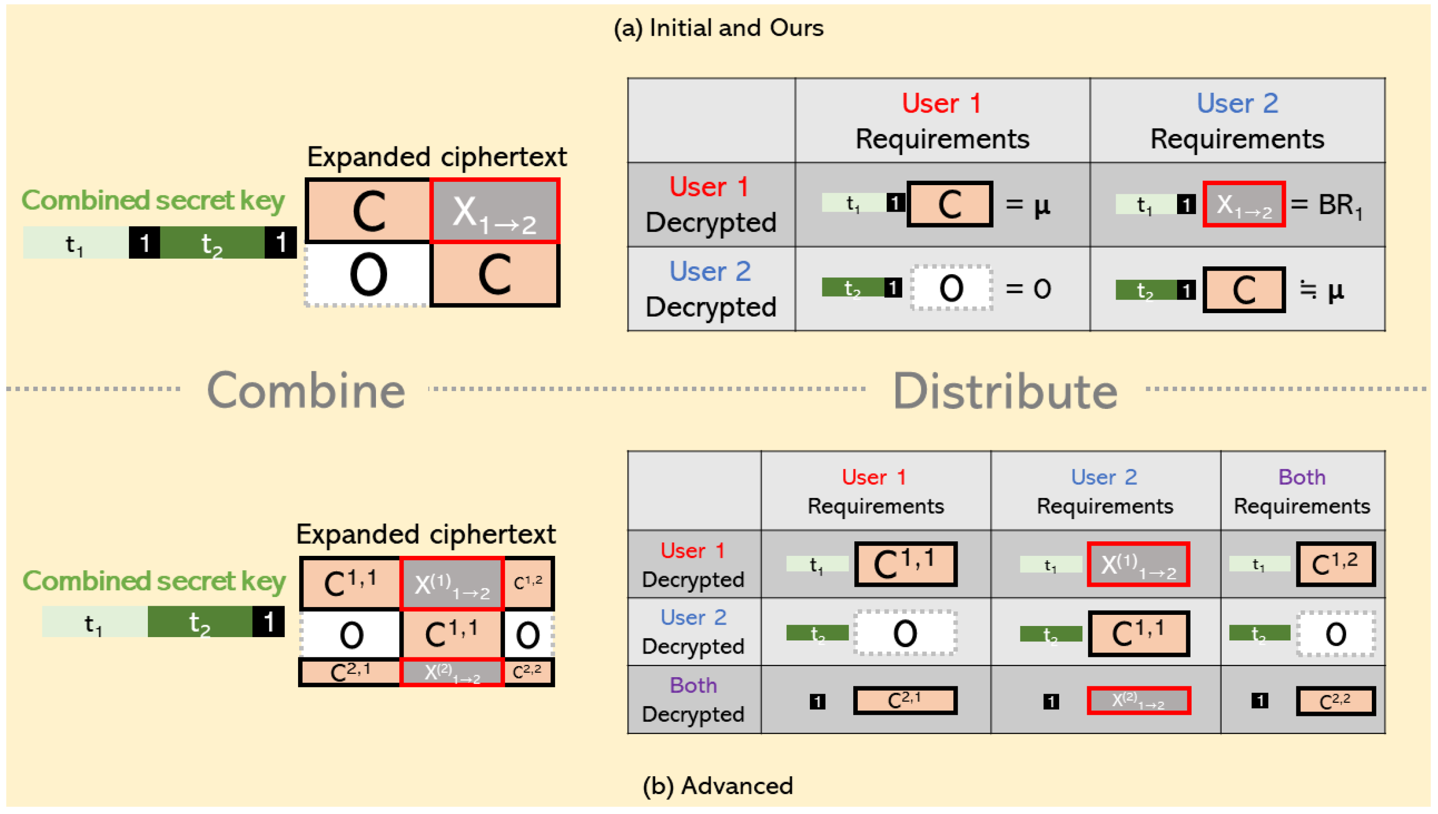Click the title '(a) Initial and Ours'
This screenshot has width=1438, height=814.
pyautogui.click(x=718, y=28)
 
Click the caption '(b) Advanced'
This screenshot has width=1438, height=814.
pyautogui.click(x=718, y=785)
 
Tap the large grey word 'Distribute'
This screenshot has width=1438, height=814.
pyautogui.click(x=1005, y=392)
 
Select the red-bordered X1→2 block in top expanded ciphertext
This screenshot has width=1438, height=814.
pyautogui.click(x=495, y=211)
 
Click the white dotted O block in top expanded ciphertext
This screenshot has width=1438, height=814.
pyautogui.click(x=367, y=275)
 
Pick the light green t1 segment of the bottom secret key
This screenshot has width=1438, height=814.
pyautogui.click(x=94, y=622)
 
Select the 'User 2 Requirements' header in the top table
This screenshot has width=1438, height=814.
pyautogui.click(x=1237, y=121)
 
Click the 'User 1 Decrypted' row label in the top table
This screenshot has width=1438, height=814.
pyautogui.click(x=710, y=204)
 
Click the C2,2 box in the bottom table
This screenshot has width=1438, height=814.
pyautogui.click(x=1335, y=701)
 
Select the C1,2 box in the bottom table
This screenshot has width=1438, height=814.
pyautogui.click(x=1335, y=564)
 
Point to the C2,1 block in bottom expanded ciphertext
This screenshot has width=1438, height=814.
pyautogui.click(x=349, y=671)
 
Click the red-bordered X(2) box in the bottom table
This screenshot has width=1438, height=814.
pyautogui.click(x=1138, y=700)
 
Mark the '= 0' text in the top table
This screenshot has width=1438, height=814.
pyautogui.click(x=1028, y=289)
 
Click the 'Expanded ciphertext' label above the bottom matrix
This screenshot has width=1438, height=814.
pyautogui.click(x=426, y=534)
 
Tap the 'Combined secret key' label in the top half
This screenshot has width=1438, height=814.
pyautogui.click(x=153, y=200)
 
